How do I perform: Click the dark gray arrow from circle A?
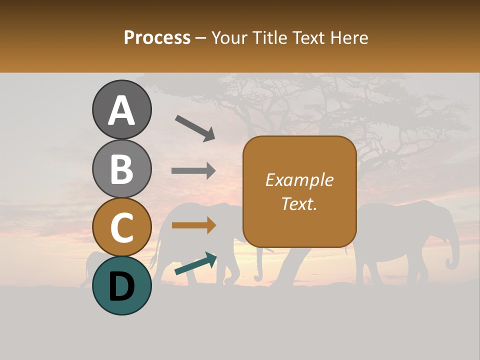[195, 127]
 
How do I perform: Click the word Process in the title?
[157, 38]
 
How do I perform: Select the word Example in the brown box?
[299, 180]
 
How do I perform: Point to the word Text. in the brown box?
[299, 203]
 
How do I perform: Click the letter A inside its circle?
[122, 111]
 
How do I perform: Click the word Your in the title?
[228, 38]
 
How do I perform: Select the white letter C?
[122, 227]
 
